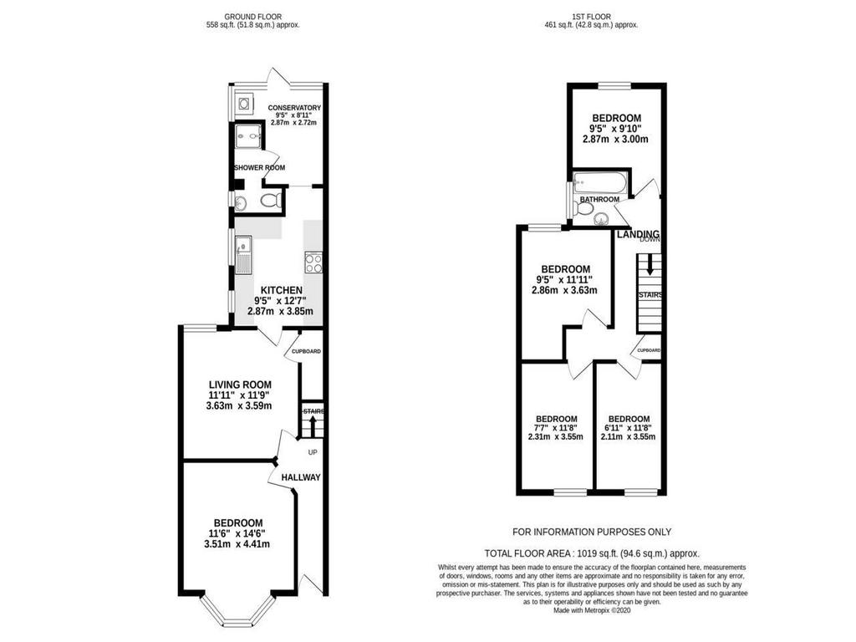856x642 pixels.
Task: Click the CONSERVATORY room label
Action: [294, 108]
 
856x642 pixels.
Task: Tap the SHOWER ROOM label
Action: [260, 167]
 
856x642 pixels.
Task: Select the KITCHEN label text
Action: [281, 290]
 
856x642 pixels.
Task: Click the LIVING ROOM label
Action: [240, 385]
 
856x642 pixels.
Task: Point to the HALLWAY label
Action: [301, 477]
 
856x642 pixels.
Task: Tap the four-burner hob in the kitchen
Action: [313, 263]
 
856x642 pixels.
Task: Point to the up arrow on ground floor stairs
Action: [313, 426]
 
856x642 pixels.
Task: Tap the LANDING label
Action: [638, 234]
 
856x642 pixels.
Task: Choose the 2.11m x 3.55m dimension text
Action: [628, 436]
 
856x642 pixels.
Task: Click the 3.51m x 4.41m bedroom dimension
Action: [237, 543]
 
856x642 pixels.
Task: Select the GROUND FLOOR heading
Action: [253, 17]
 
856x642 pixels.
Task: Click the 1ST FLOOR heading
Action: [593, 17]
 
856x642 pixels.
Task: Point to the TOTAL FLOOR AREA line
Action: [592, 553]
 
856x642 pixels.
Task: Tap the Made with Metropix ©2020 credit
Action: [592, 610]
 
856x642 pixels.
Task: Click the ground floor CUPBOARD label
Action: [306, 352]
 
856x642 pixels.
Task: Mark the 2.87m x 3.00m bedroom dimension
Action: [616, 140]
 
